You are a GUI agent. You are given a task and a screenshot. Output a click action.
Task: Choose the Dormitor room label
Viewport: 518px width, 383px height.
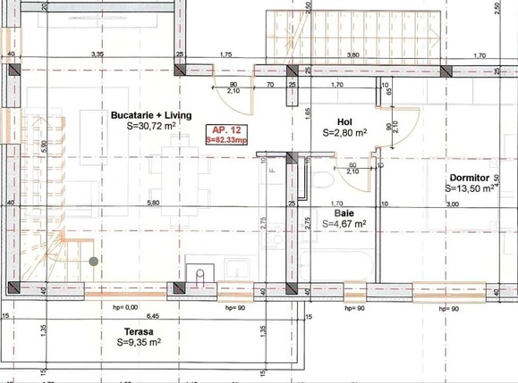(471, 178)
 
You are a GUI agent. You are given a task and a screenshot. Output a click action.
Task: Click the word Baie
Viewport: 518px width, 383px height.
(344, 213)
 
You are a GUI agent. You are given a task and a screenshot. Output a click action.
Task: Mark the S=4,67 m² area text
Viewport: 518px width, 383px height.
(344, 225)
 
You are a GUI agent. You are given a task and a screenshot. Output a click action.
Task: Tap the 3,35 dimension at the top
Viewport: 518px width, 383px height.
(98, 55)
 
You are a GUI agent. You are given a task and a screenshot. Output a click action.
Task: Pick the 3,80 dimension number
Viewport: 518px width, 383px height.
(352, 55)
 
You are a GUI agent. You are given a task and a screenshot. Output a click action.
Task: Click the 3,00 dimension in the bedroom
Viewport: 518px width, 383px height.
(452, 204)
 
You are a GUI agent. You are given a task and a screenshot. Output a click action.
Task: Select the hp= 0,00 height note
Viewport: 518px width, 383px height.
(124, 307)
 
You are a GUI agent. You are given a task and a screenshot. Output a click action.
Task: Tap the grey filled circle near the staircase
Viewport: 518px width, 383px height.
(94, 262)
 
